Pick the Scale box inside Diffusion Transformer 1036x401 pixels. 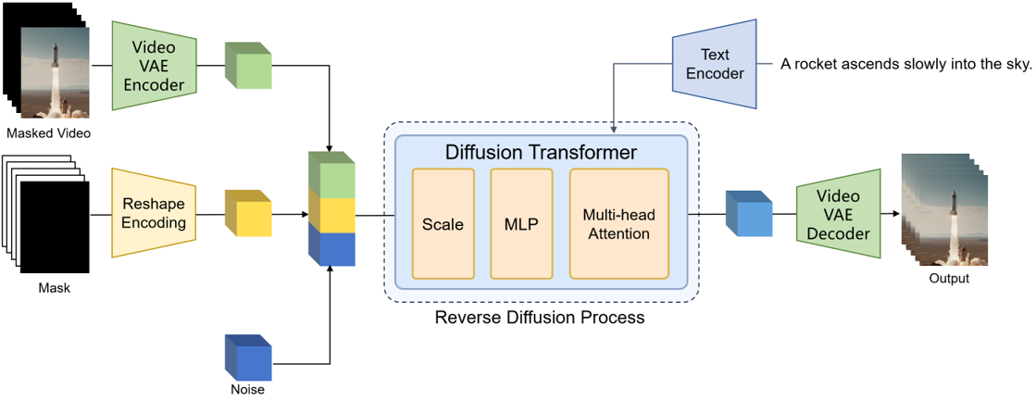(443, 224)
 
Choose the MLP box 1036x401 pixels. (520, 224)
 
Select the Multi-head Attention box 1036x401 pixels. (618, 224)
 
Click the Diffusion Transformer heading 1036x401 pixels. (541, 152)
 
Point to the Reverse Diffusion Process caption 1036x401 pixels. (540, 318)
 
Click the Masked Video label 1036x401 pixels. (48, 133)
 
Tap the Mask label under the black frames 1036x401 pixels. (54, 288)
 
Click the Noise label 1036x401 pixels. (246, 390)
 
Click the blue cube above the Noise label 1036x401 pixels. (247, 358)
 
